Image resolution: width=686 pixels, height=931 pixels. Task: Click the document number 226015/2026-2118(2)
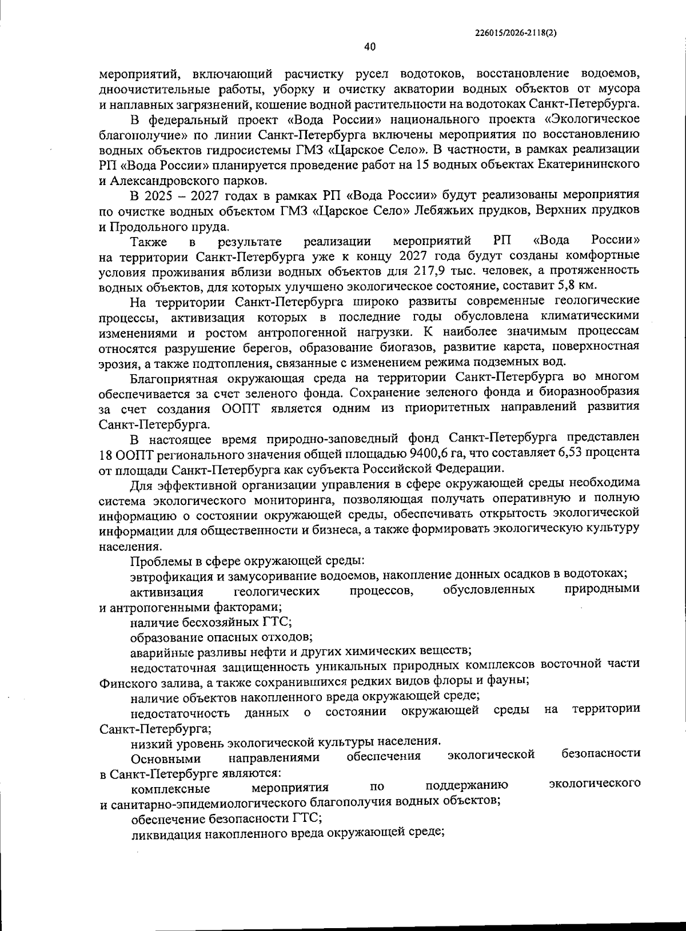click(516, 33)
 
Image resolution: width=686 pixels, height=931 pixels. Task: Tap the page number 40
click(369, 47)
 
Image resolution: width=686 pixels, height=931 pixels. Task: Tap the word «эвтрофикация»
click(165, 574)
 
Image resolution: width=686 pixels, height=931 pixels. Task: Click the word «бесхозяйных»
click(214, 621)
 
